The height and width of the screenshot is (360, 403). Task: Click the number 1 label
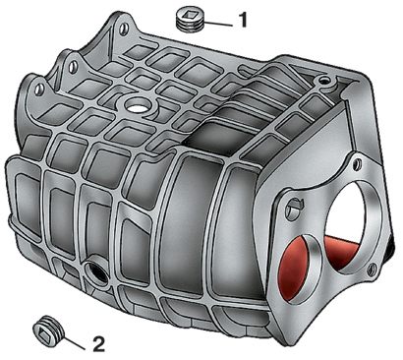(x=243, y=21)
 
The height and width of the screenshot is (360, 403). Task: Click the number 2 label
(x=98, y=344)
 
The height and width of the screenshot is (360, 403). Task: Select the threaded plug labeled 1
(x=189, y=20)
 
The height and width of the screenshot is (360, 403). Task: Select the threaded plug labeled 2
(x=48, y=330)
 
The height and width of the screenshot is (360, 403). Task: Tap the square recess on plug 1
(x=189, y=14)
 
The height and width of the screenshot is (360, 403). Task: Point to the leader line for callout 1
(x=217, y=24)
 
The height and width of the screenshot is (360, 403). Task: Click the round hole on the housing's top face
(x=137, y=106)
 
